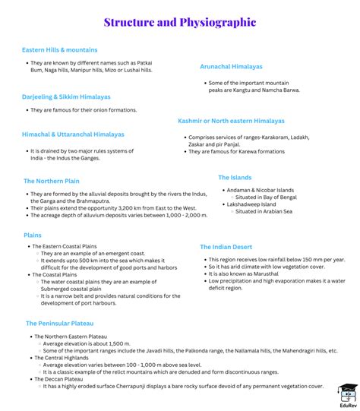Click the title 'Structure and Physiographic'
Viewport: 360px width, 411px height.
(180, 23)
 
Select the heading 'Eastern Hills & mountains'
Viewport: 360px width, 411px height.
(60, 50)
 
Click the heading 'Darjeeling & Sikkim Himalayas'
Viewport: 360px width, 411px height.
(66, 97)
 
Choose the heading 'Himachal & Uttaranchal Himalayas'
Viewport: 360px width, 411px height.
(73, 134)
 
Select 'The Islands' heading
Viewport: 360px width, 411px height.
(235, 177)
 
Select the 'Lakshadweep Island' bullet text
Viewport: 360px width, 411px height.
(254, 204)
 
